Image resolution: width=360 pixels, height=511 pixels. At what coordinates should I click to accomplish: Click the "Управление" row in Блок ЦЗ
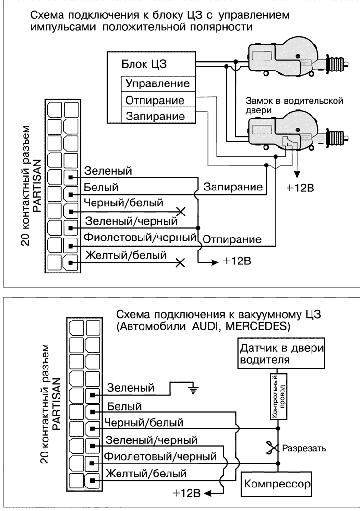[157, 83]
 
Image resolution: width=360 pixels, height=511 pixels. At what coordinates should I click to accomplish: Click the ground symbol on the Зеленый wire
[194, 390]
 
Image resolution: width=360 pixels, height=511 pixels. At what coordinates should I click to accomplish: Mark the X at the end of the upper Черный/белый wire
[180, 211]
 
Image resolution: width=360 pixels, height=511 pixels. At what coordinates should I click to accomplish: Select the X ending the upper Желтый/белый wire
[180, 262]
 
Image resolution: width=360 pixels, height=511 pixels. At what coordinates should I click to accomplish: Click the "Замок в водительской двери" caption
[293, 106]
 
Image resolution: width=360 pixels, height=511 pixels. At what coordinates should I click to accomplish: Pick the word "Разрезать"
[304, 448]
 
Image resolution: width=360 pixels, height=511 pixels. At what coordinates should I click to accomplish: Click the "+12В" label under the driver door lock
[300, 187]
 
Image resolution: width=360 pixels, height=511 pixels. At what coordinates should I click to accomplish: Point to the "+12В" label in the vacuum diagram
[188, 493]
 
